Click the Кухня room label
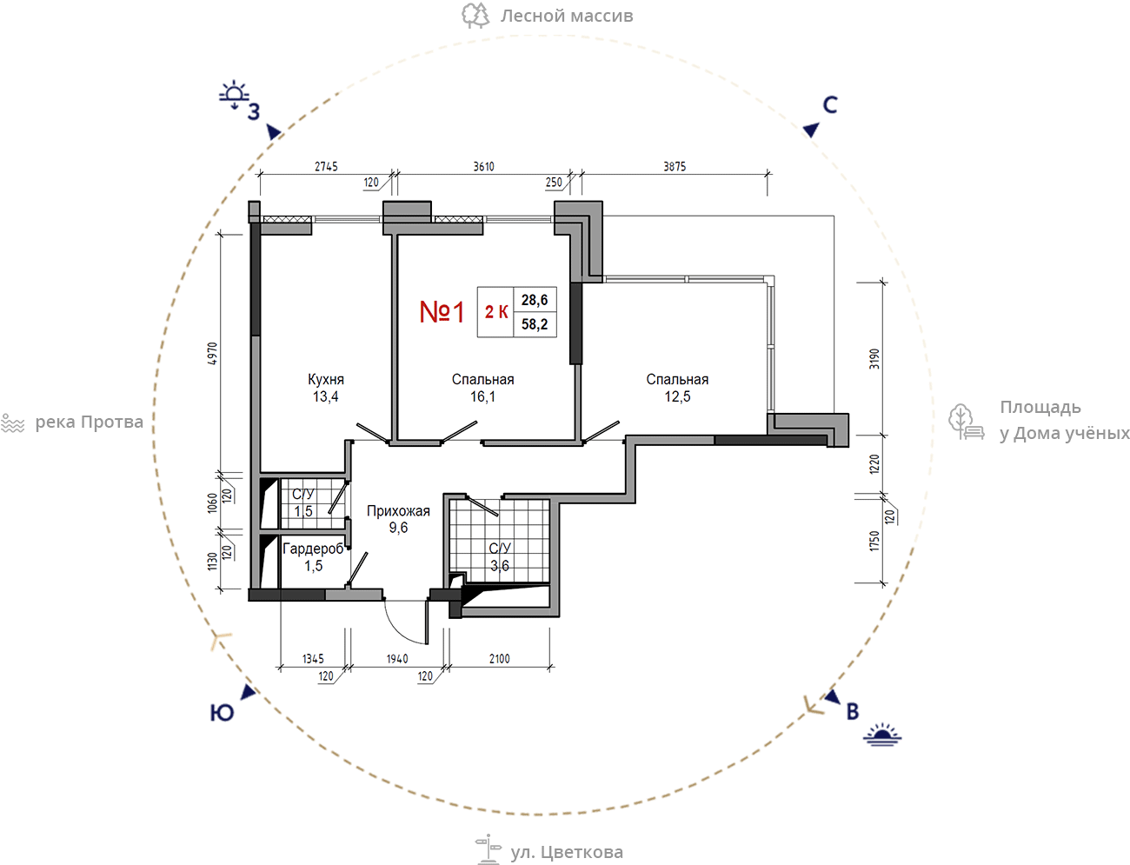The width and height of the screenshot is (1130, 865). [x=326, y=379]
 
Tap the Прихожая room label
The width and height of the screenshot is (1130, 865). [x=398, y=511]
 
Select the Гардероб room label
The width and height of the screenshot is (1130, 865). [x=313, y=549]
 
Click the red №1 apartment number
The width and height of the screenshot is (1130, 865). [x=442, y=312]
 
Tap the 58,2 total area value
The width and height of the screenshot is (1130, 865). [x=535, y=324]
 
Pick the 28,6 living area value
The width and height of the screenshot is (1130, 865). [x=535, y=300]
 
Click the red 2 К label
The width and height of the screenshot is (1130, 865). [x=496, y=311]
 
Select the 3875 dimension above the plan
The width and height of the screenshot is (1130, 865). [x=675, y=166]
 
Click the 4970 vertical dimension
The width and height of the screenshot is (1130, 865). [x=213, y=353]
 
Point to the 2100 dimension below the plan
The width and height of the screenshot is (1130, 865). [x=499, y=659]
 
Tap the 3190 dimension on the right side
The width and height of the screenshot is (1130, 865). [x=874, y=359]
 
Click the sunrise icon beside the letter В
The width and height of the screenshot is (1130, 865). [x=882, y=735]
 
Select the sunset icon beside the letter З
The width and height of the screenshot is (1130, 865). [x=234, y=95]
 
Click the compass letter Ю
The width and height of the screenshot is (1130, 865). [x=222, y=713]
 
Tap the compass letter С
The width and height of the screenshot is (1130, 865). [x=830, y=105]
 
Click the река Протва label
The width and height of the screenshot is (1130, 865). [x=89, y=422]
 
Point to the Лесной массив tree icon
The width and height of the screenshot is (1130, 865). [x=475, y=16]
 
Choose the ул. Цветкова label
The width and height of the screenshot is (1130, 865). [x=566, y=852]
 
